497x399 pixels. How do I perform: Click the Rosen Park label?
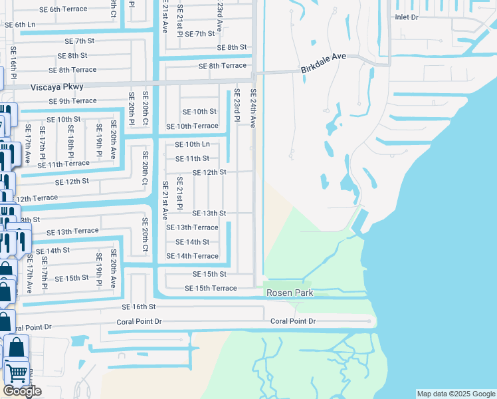click(x=289, y=293)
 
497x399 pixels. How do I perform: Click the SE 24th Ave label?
click(x=252, y=108)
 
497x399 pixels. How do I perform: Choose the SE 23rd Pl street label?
click(x=236, y=106)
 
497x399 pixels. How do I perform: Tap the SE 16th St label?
click(x=138, y=307)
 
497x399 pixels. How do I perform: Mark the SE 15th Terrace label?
click(x=211, y=288)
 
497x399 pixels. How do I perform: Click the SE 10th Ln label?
click(x=192, y=144)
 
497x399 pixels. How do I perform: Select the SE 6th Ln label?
click(x=20, y=25)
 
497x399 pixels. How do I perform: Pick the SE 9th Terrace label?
click(x=72, y=101)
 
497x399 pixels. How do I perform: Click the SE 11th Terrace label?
click(x=63, y=164)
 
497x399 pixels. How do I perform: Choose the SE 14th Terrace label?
click(x=192, y=256)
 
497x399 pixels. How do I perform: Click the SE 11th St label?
click(x=192, y=158)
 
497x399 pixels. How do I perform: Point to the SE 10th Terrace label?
click(x=192, y=126)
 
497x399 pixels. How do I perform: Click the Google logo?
click(x=22, y=391)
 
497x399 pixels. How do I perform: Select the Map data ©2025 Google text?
click(x=455, y=394)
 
